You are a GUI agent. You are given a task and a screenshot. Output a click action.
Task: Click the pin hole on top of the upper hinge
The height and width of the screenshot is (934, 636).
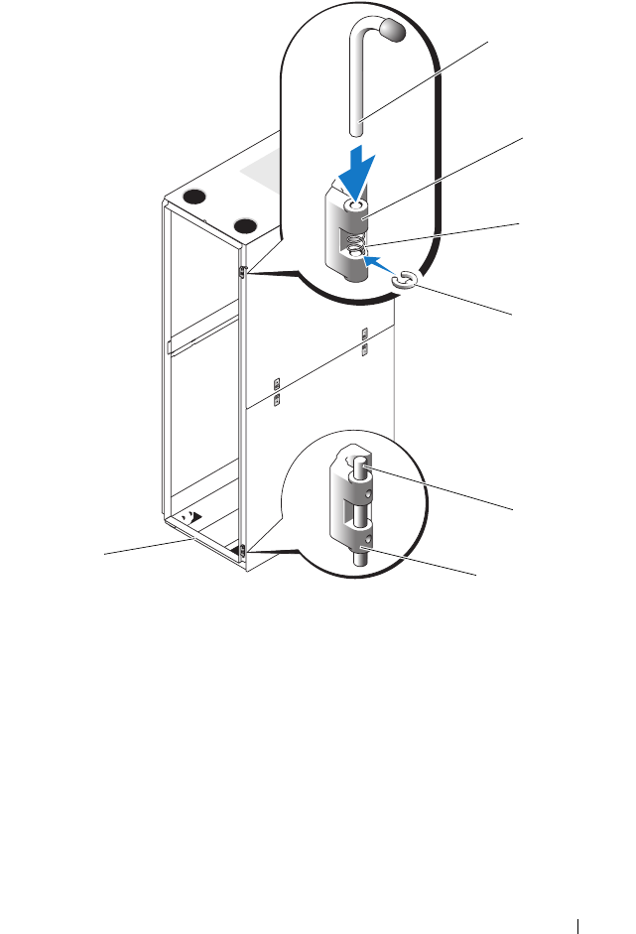pyautogui.click(x=351, y=205)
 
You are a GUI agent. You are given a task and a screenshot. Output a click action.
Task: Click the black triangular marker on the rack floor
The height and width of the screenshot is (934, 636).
pyautogui.click(x=196, y=517)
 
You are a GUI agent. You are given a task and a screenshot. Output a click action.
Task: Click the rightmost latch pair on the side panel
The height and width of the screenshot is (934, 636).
pyautogui.click(x=365, y=340)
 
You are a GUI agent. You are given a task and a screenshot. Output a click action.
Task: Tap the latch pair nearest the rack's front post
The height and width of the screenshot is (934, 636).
pyautogui.click(x=278, y=391)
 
